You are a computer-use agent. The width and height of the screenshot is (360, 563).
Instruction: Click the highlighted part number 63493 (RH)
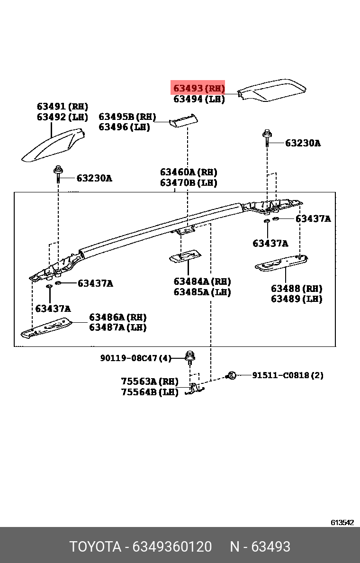[198, 88]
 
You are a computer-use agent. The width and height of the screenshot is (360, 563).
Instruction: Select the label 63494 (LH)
[198, 99]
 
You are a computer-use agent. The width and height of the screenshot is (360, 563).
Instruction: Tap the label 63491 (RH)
[63, 107]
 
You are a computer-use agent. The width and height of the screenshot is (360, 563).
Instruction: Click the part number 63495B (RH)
[127, 117]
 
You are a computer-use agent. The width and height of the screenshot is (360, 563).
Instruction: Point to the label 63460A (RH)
[188, 172]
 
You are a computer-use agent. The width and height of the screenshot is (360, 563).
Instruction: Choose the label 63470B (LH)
[188, 182]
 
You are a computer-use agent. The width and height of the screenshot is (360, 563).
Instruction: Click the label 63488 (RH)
[296, 289]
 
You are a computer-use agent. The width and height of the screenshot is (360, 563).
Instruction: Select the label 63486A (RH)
[117, 317]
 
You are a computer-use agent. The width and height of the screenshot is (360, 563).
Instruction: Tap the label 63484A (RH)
[202, 281]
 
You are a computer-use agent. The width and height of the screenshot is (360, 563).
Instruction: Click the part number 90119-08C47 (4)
[135, 358]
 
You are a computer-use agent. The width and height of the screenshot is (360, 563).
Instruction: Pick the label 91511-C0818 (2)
[288, 375]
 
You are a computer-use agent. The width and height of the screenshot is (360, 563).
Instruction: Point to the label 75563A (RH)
[149, 381]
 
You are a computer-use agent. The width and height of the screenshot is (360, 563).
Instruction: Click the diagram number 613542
[342, 522]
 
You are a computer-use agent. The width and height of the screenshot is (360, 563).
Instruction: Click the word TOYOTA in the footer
[96, 546]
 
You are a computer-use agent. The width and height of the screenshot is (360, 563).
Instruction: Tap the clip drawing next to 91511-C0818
[232, 375]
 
